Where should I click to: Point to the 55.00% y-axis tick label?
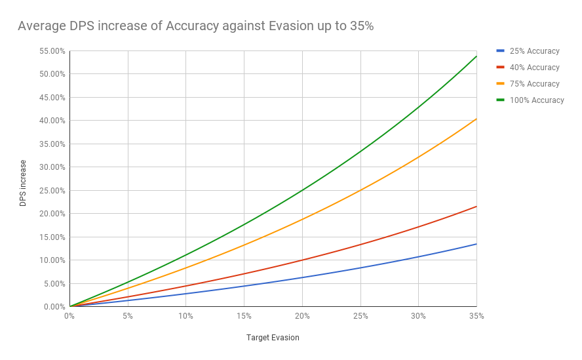(x=51, y=51)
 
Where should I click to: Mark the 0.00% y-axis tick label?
(x=53, y=307)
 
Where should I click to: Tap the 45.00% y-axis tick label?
(x=51, y=98)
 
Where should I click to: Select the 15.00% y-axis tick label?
(x=51, y=237)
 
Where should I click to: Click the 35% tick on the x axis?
(x=476, y=316)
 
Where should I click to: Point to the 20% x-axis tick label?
(x=302, y=316)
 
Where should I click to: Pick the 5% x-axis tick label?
(x=128, y=316)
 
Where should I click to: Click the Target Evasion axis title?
(x=273, y=338)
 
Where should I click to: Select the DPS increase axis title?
(x=24, y=183)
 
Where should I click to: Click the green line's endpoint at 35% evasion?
(x=476, y=56)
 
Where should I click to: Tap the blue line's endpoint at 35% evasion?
(x=476, y=244)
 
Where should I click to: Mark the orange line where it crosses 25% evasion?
(x=360, y=191)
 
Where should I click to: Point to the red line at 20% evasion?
(x=302, y=260)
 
